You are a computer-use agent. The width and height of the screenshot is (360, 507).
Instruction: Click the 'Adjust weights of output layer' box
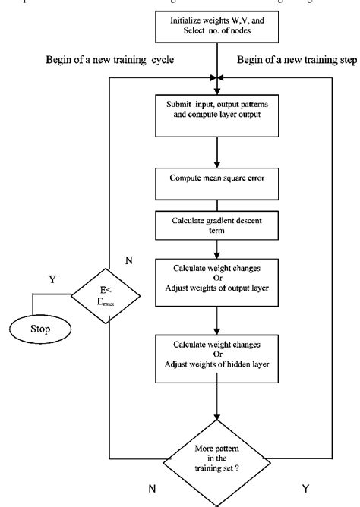[219, 284]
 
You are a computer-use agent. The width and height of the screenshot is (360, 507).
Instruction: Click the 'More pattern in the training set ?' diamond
[219, 460]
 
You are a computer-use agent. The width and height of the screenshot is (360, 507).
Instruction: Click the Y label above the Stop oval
[52, 279]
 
